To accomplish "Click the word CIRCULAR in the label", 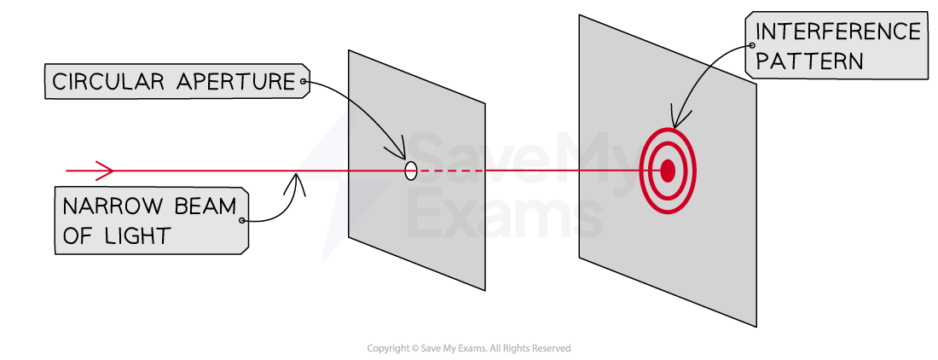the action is coord(107,81).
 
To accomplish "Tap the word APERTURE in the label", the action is coord(235,81).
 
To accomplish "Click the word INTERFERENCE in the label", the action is coord(838,31).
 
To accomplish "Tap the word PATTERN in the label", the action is coord(808,61).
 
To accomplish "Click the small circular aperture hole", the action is coord(411,171).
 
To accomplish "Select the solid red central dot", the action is coord(668,171).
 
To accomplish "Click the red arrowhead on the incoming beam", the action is coord(105,171).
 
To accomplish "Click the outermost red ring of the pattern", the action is coord(640,171).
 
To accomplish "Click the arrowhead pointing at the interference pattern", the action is coord(674,119).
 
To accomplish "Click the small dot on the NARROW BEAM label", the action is coord(241,221).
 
